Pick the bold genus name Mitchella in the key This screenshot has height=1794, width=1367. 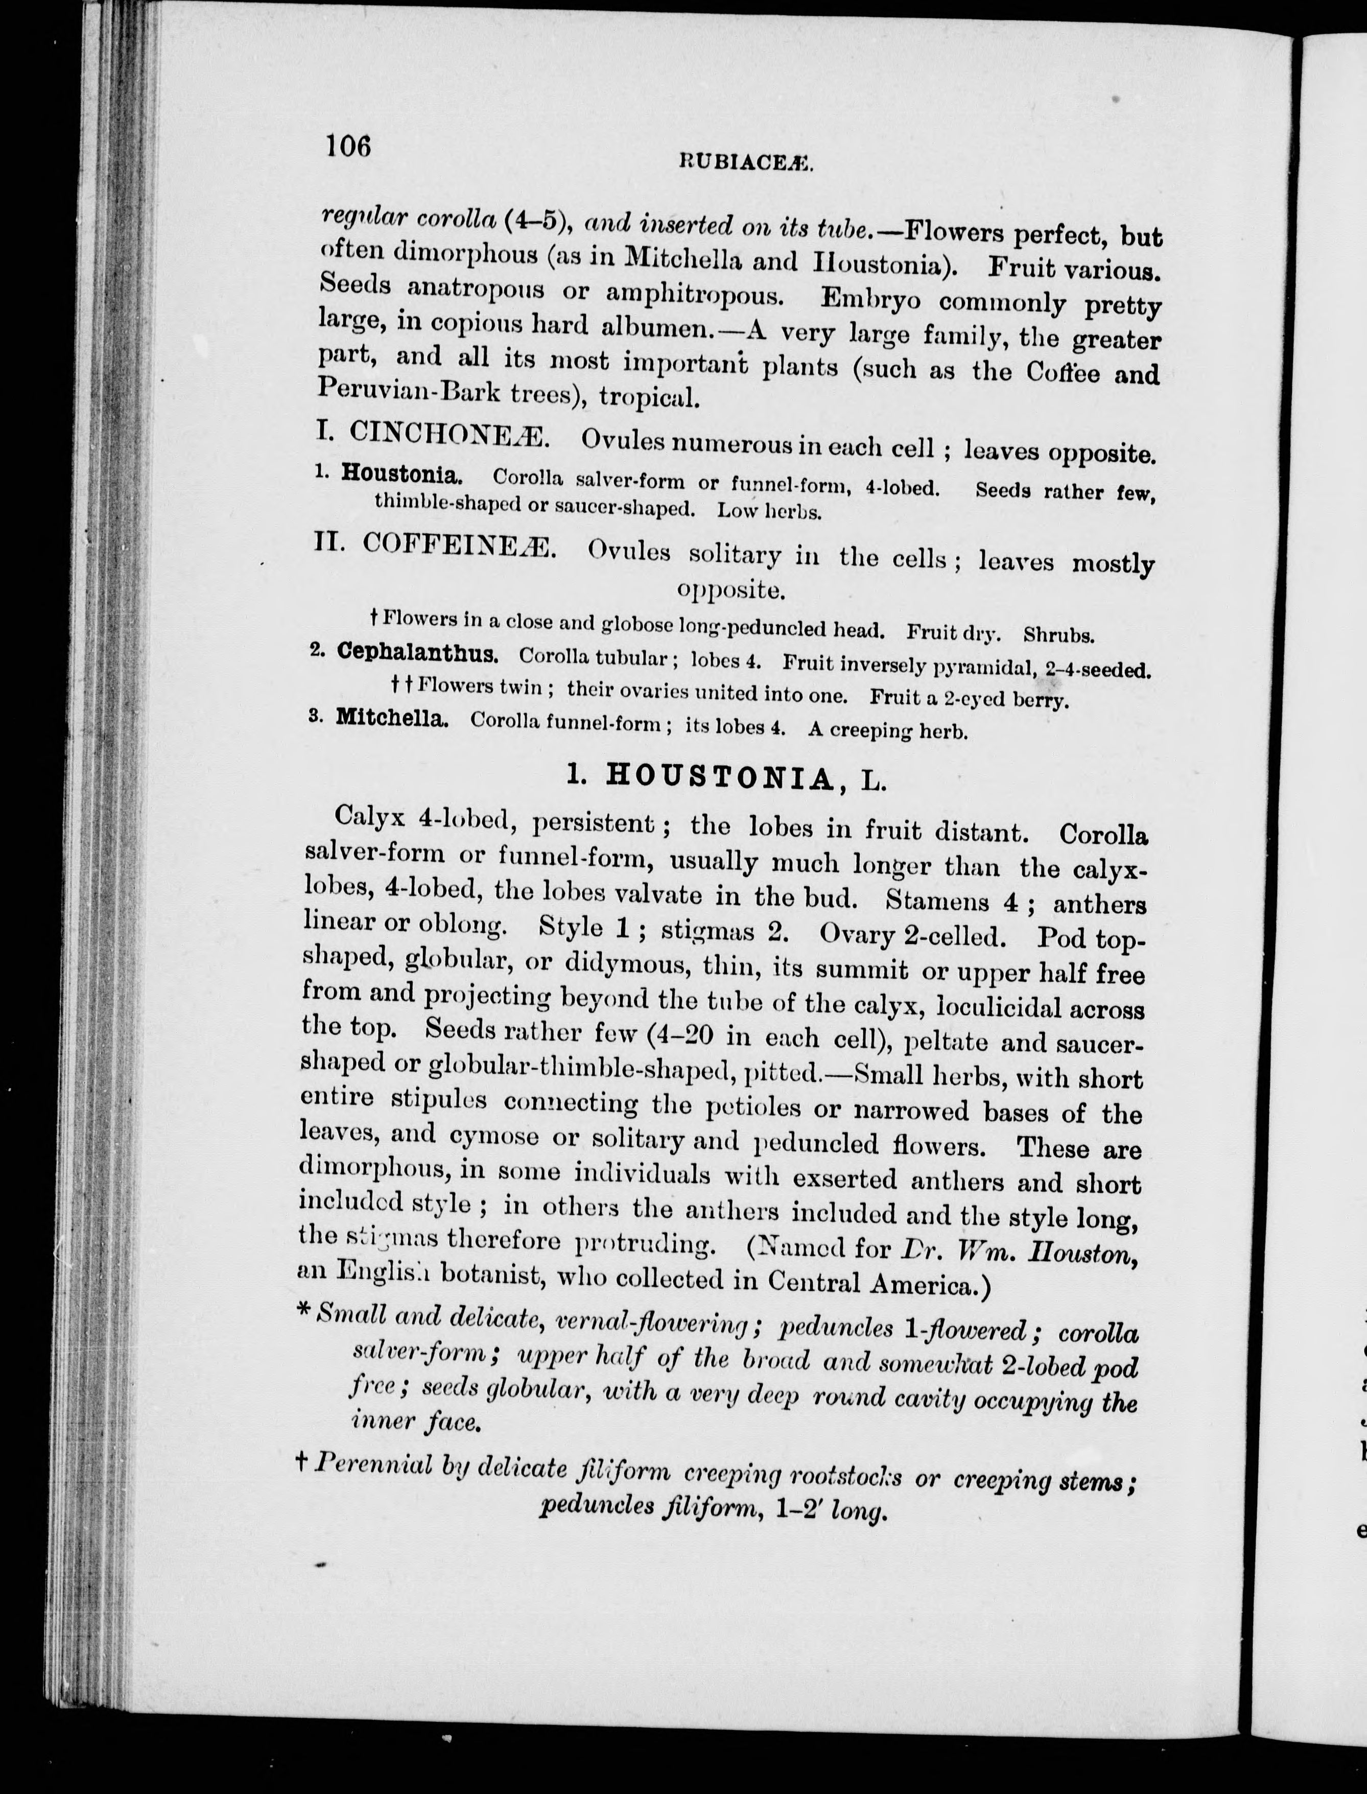click(x=391, y=718)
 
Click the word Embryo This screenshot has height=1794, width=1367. click(x=870, y=299)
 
